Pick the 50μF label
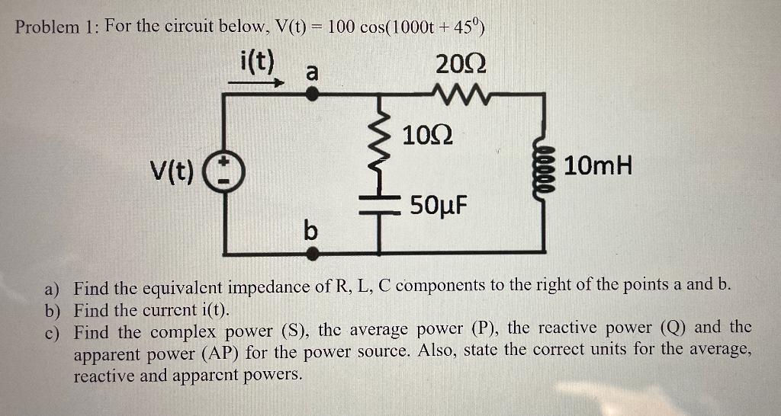tap(439, 206)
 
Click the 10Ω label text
tap(427, 136)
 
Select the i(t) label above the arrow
tap(256, 61)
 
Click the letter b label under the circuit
tap(310, 229)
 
